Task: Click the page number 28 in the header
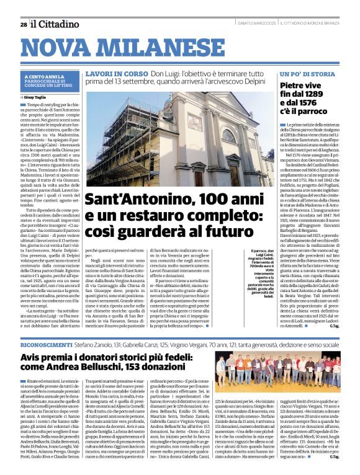(23, 24)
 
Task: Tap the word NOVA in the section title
(59, 49)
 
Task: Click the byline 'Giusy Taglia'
(37, 97)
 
